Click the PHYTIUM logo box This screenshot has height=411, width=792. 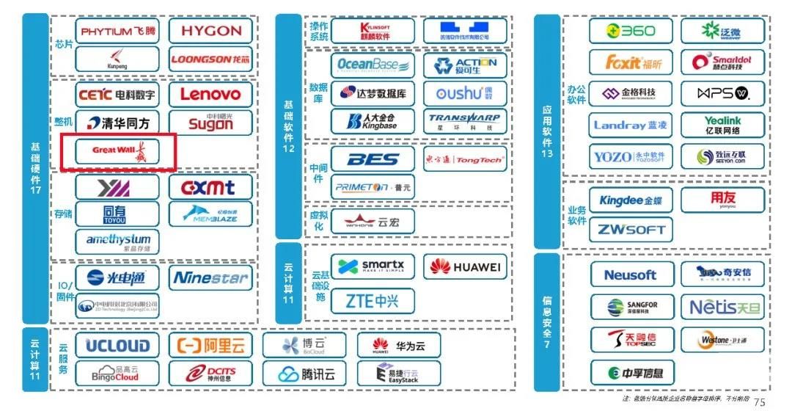click(117, 32)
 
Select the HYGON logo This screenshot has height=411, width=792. click(210, 31)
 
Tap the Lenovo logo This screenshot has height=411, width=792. click(210, 94)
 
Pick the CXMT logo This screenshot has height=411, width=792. click(210, 187)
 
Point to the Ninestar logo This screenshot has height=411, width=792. click(210, 277)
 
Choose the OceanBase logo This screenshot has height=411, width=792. click(373, 65)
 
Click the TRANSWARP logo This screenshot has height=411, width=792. click(464, 120)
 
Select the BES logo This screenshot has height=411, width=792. click(373, 159)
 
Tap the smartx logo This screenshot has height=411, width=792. click(373, 266)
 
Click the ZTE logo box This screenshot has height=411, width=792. click(373, 301)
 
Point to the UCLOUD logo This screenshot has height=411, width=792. click(117, 346)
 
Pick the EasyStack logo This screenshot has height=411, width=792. click(399, 374)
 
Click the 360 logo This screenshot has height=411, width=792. click(631, 31)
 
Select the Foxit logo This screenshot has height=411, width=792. click(631, 62)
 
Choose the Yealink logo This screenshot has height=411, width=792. click(722, 125)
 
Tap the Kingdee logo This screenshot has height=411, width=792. click(631, 200)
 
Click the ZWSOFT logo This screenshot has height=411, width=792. click(631, 230)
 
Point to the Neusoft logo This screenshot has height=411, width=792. click(631, 275)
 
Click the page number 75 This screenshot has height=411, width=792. click(759, 401)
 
